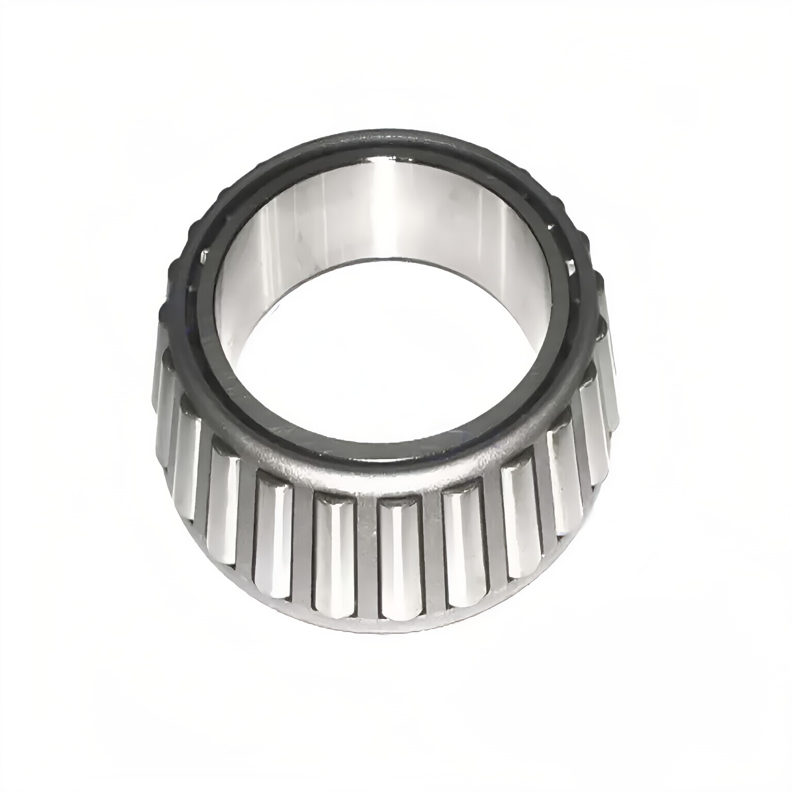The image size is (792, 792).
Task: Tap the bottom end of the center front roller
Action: point(400,614)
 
